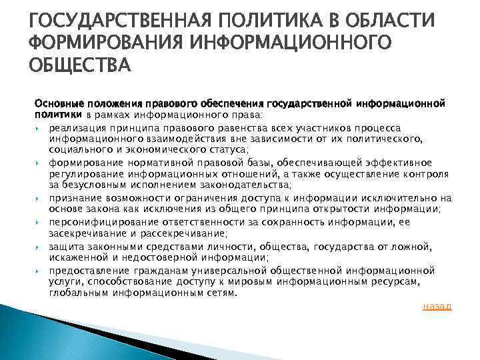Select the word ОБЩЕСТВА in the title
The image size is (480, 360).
click(79, 67)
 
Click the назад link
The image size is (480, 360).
click(437, 306)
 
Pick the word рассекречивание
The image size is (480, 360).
click(176, 233)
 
